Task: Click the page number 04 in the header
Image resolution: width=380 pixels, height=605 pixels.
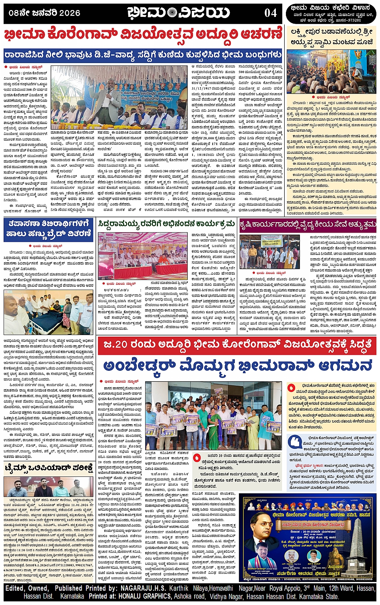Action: pyautogui.click(x=270, y=13)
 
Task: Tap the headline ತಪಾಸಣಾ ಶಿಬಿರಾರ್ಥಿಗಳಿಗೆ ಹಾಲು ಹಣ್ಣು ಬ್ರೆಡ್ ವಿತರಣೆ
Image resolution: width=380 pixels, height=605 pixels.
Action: pyautogui.click(x=49, y=229)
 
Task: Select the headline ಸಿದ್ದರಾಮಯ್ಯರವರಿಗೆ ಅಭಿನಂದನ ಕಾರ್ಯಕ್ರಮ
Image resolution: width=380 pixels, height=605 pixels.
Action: pyautogui.click(x=167, y=224)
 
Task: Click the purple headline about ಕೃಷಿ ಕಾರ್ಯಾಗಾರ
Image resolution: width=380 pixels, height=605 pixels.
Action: pyautogui.click(x=308, y=224)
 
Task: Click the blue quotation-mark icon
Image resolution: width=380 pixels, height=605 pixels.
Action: pyautogui.click(x=295, y=441)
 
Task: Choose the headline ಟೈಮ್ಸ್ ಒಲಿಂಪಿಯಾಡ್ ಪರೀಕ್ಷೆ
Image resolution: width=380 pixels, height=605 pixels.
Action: pyautogui.click(x=49, y=468)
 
